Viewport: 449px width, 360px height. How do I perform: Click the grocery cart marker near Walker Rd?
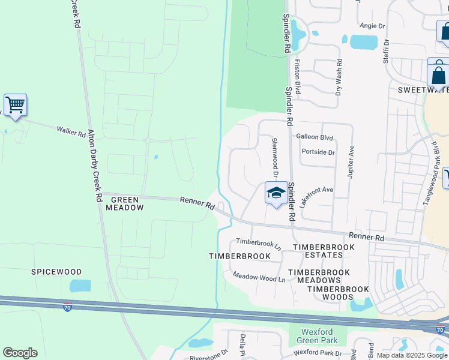(x=15, y=106)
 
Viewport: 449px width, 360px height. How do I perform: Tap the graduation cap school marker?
(x=276, y=193)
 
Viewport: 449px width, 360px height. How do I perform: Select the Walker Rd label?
(x=71, y=130)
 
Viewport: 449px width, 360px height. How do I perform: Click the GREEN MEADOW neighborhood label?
(x=125, y=203)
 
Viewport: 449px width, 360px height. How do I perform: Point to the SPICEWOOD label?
(x=56, y=272)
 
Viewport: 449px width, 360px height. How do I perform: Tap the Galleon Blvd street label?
(x=315, y=137)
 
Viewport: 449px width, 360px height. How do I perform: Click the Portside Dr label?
(x=318, y=152)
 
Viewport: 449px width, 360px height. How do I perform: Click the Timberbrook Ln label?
(x=258, y=244)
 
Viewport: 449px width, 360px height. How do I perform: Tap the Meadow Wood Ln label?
(x=259, y=277)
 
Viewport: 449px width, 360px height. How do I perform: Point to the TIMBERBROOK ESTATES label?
(x=318, y=251)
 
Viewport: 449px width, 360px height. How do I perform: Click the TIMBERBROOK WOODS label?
(x=338, y=293)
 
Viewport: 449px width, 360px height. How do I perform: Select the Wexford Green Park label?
(x=318, y=335)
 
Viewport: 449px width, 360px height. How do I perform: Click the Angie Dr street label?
(x=372, y=26)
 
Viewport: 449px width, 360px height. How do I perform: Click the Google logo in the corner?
(x=20, y=353)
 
